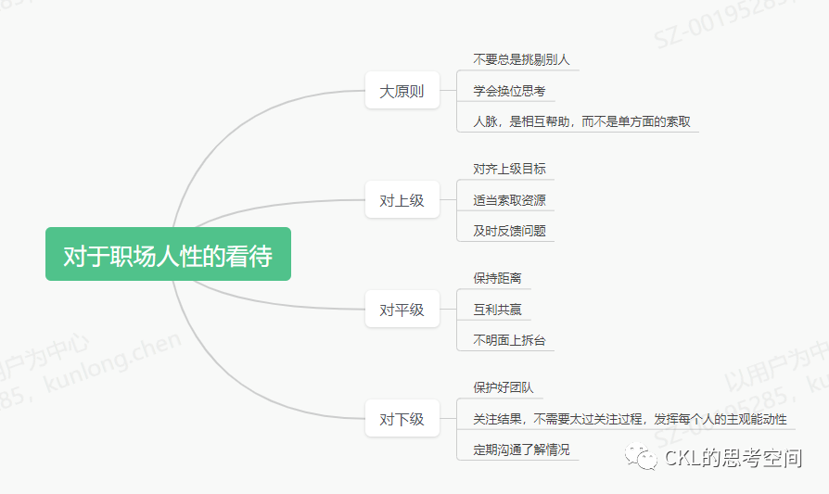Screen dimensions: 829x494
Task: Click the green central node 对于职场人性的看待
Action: point(168,254)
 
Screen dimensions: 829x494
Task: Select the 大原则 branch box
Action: point(402,91)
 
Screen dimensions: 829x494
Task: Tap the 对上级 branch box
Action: point(402,200)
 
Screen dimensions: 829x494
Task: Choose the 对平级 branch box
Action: point(402,310)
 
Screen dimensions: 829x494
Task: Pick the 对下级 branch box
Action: point(402,419)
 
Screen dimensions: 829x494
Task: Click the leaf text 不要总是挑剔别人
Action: point(521,59)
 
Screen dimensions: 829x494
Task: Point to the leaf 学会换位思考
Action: point(509,91)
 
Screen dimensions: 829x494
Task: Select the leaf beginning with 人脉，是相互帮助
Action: point(581,121)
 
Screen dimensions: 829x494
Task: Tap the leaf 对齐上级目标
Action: point(509,169)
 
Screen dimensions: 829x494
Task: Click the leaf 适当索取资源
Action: point(509,200)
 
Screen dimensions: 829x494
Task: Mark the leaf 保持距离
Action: point(497,278)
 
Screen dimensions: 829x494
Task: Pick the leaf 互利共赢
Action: point(497,310)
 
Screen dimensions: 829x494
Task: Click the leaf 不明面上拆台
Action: point(509,340)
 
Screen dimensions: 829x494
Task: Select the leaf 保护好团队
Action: point(504,387)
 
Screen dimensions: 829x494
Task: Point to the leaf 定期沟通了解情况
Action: point(521,450)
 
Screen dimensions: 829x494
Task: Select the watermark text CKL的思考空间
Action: point(733,457)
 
